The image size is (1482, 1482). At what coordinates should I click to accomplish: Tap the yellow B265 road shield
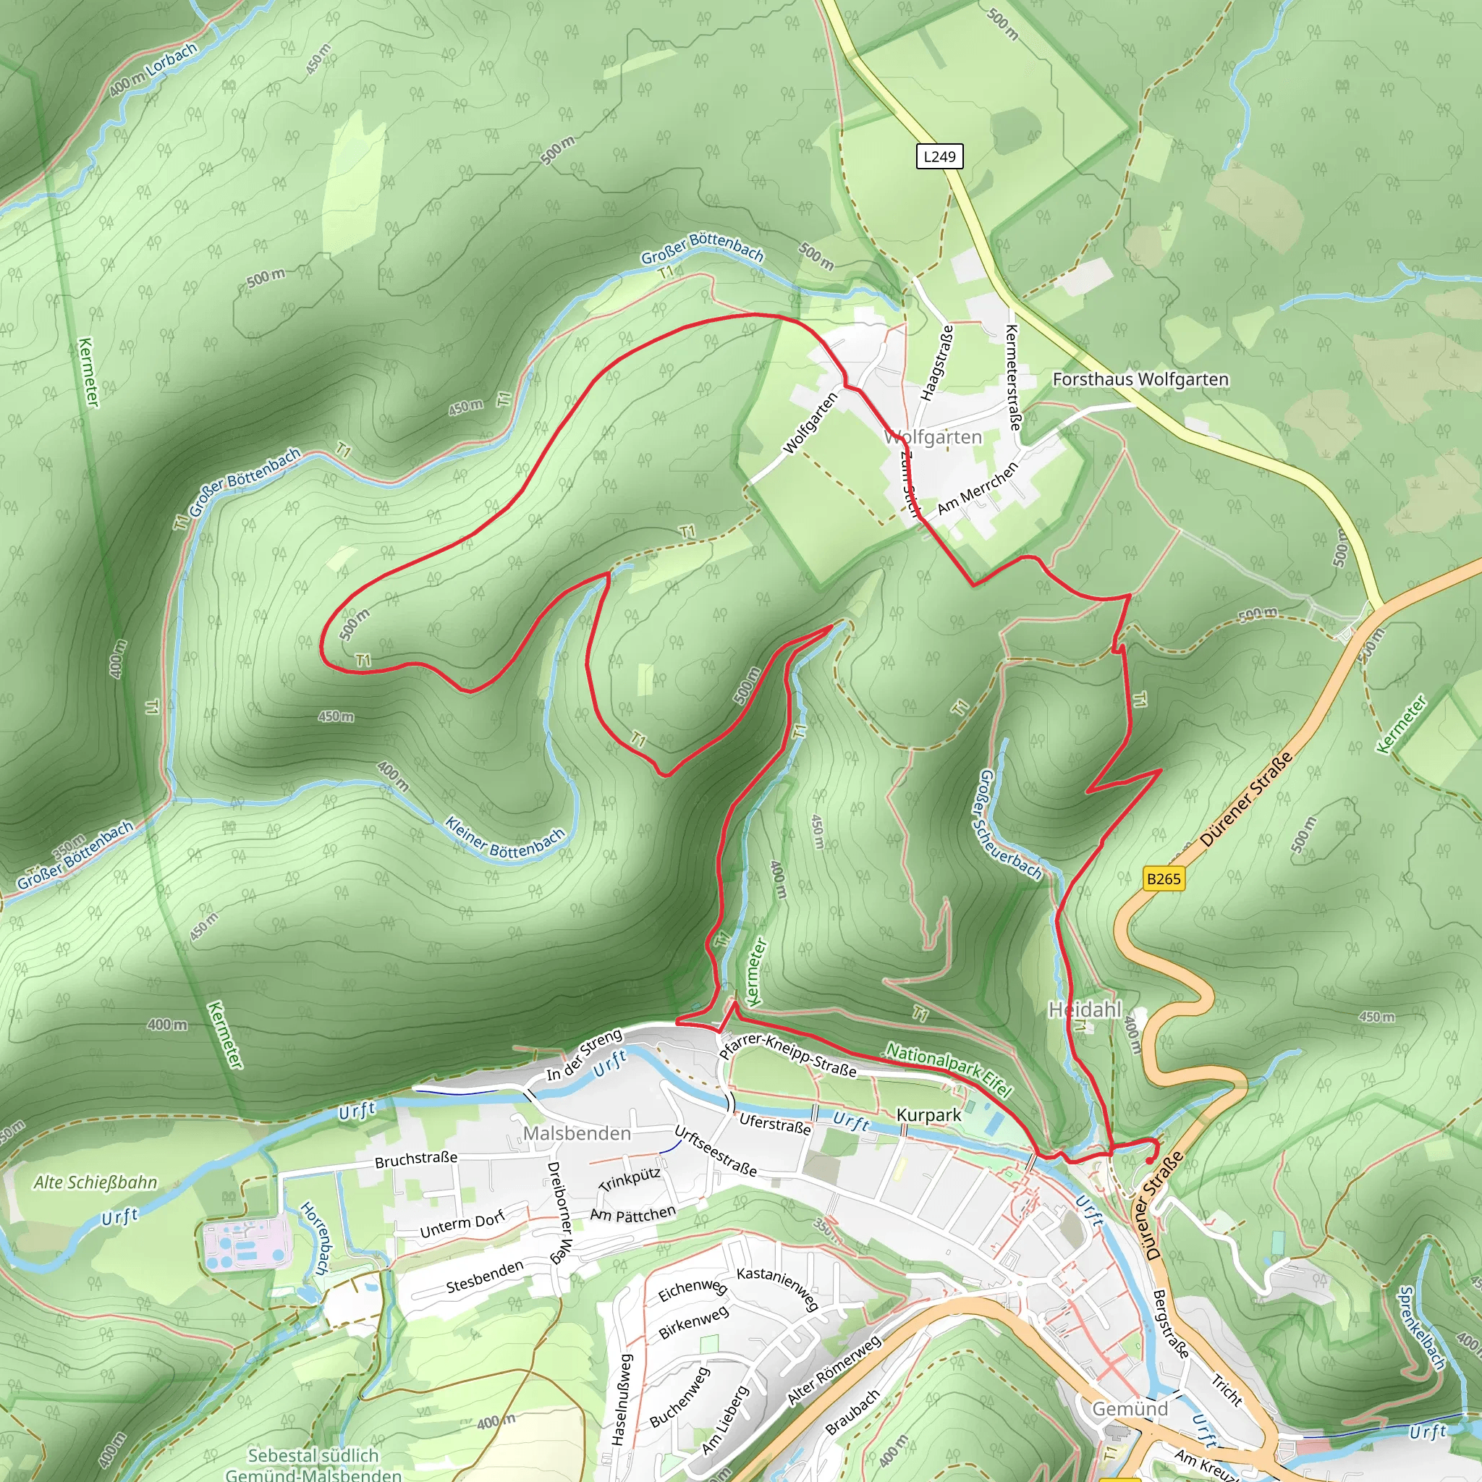tap(1164, 878)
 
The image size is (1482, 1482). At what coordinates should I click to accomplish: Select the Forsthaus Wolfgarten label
tap(1140, 379)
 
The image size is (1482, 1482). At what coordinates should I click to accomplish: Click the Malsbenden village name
tap(577, 1133)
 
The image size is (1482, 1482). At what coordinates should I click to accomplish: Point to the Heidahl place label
tap(1085, 1009)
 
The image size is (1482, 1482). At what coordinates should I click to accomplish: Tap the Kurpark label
tap(928, 1114)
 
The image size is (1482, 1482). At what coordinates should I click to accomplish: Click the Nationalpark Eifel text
tap(949, 1069)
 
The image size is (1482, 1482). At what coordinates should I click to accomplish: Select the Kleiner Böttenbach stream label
tap(505, 839)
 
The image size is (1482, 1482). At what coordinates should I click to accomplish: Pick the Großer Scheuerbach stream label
tap(1009, 826)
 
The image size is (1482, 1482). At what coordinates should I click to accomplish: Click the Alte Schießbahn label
tap(95, 1182)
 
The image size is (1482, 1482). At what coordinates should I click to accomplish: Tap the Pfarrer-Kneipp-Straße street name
tap(788, 1056)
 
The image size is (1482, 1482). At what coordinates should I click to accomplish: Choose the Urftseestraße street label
tap(715, 1151)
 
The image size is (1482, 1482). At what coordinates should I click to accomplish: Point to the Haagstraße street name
tap(937, 363)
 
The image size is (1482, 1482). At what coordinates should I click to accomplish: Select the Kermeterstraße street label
tap(1013, 376)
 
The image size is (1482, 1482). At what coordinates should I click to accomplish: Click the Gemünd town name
tap(1130, 1408)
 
